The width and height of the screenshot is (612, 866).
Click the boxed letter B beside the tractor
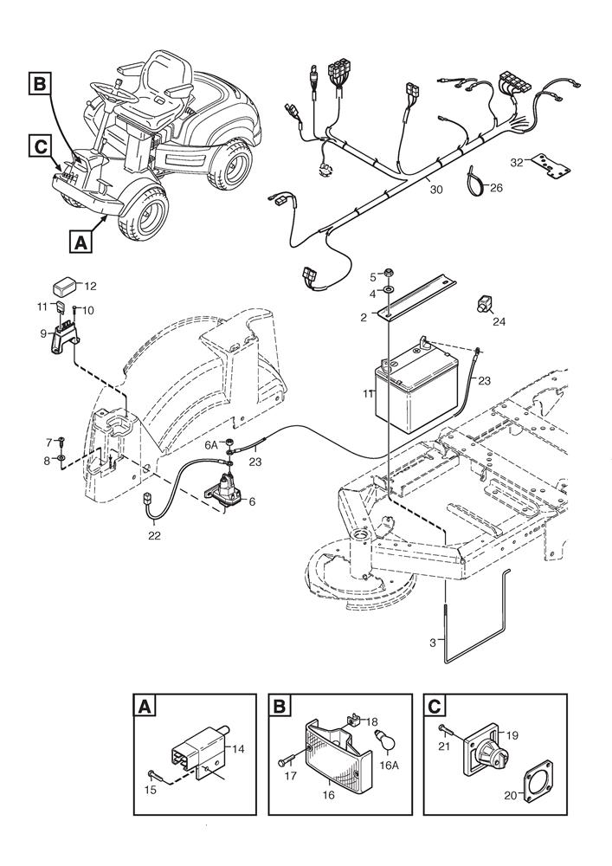coord(39,84)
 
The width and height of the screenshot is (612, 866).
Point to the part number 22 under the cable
coord(155,535)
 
